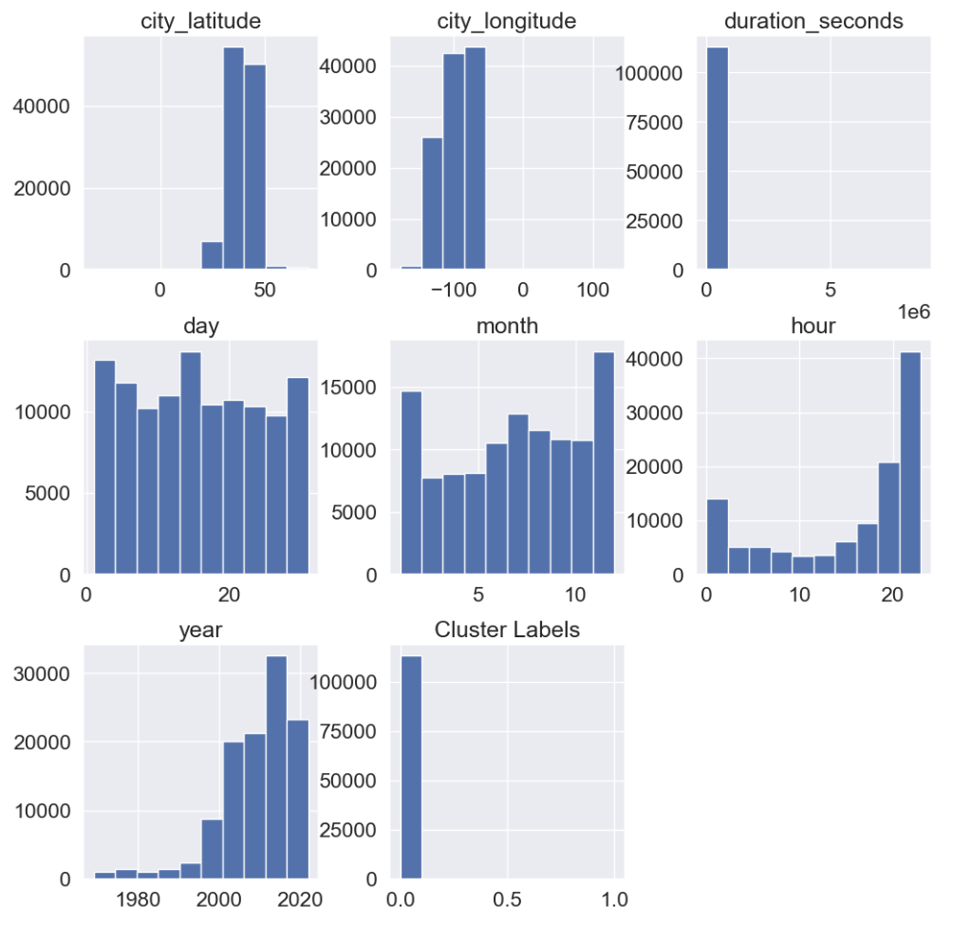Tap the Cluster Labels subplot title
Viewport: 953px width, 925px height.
pyautogui.click(x=507, y=629)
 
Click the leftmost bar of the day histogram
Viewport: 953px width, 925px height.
pyautogui.click(x=104, y=467)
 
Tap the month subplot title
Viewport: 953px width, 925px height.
pyautogui.click(x=507, y=325)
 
